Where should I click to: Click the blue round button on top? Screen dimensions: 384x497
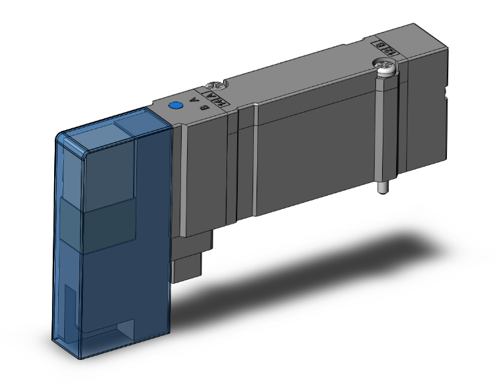176,106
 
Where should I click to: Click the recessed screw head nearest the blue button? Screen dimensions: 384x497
215,85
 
